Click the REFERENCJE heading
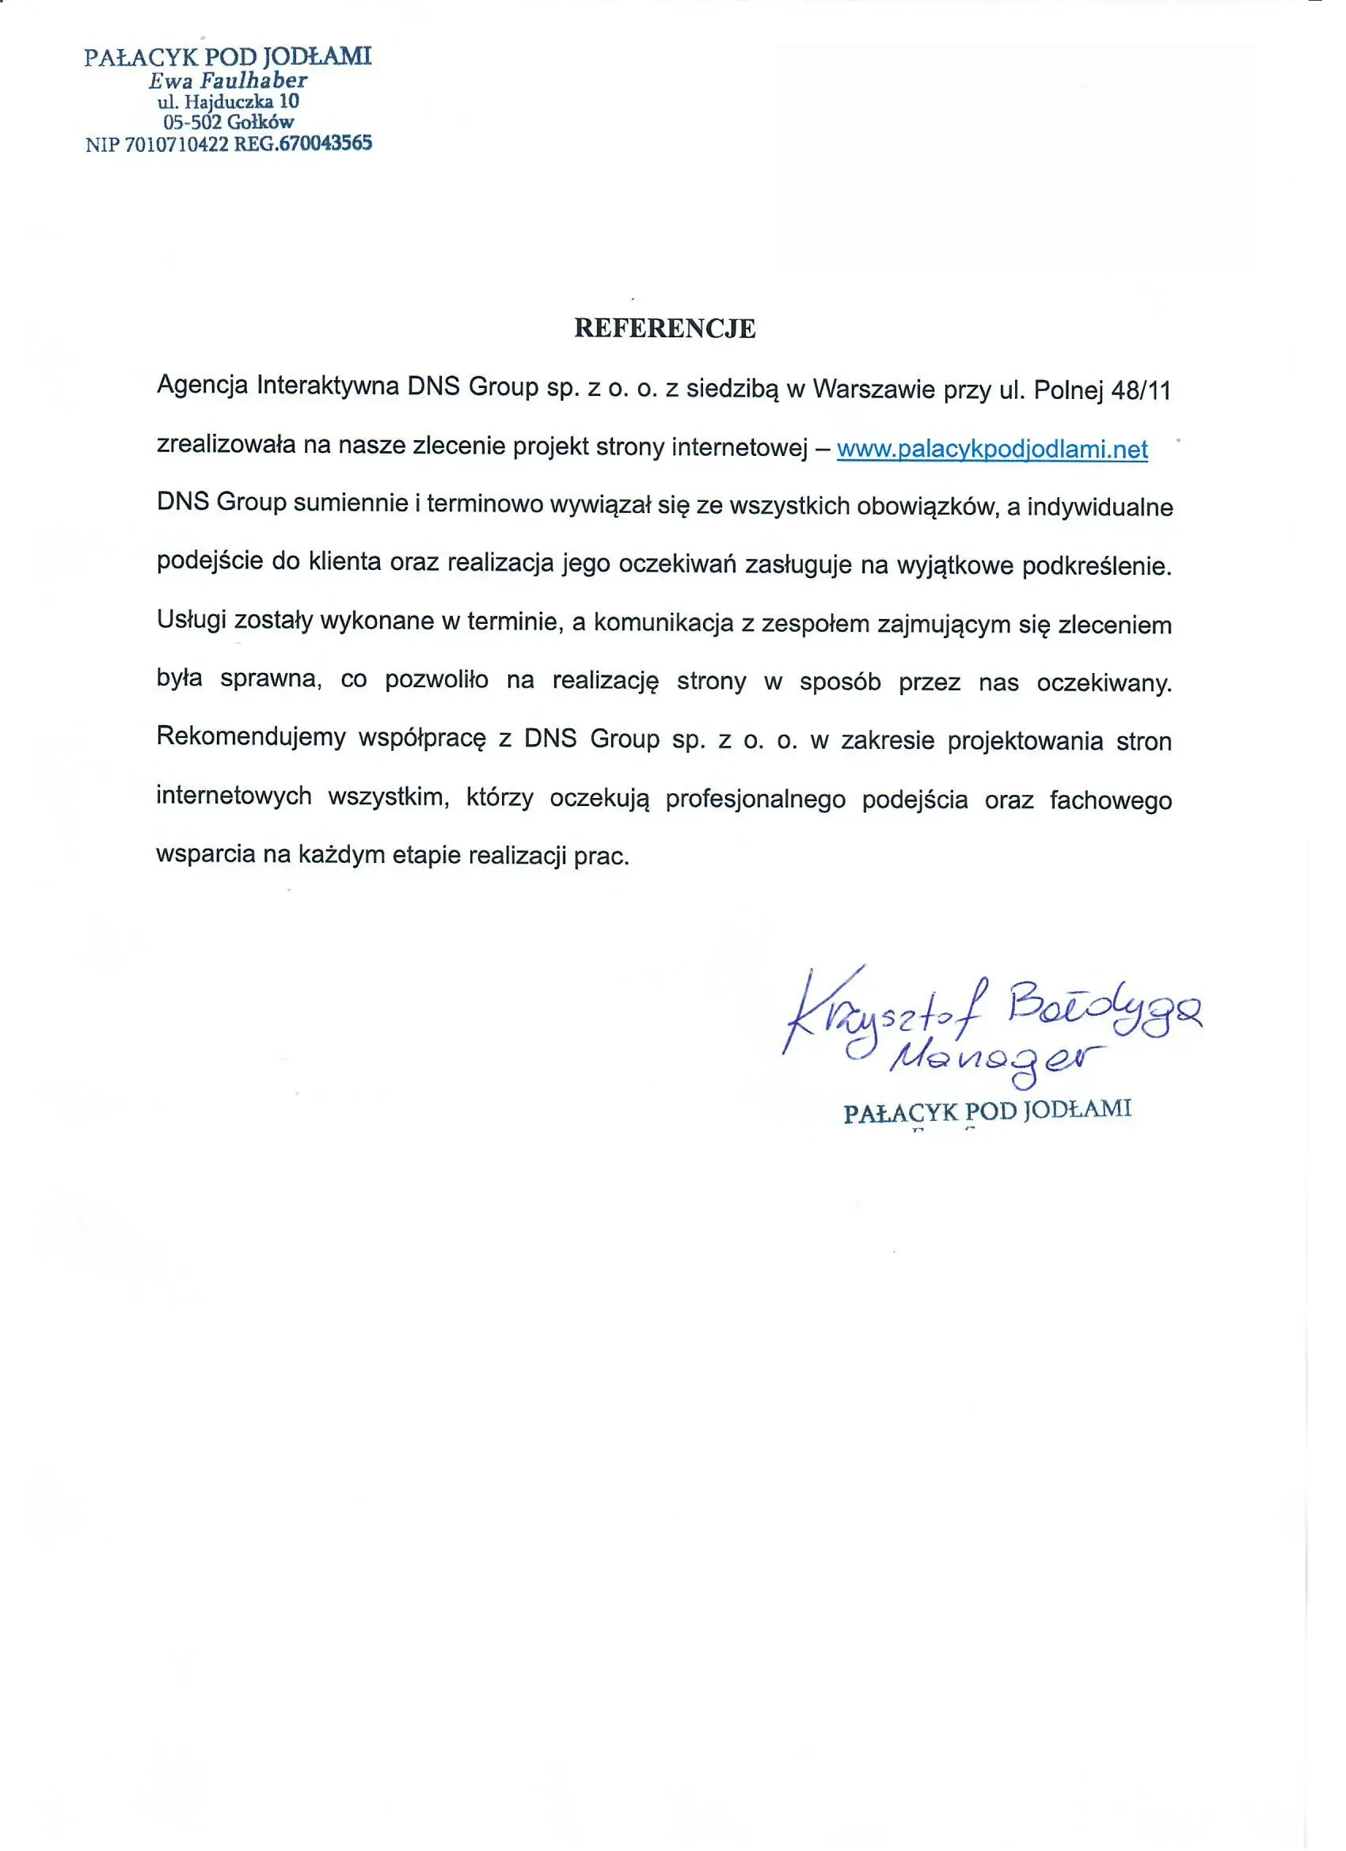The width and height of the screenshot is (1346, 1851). [x=664, y=328]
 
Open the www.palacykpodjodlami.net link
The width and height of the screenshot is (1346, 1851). [x=992, y=449]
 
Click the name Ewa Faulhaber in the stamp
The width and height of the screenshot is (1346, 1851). [x=228, y=80]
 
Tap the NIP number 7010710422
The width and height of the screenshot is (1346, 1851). [x=177, y=144]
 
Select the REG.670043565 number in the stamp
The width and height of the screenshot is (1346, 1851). [x=302, y=143]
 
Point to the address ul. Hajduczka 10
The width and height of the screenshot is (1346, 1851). [x=228, y=101]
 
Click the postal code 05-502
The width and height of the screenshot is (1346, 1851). [x=192, y=123]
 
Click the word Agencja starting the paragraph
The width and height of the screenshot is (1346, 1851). [x=203, y=386]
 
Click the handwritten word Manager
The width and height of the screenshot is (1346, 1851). [x=998, y=1060]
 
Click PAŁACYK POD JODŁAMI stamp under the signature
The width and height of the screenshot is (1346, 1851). [x=987, y=1112]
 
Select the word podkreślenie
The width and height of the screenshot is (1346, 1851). [x=1097, y=565]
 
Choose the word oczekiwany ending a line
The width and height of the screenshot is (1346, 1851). [x=1104, y=682]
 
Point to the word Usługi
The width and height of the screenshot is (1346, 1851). [x=191, y=620]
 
